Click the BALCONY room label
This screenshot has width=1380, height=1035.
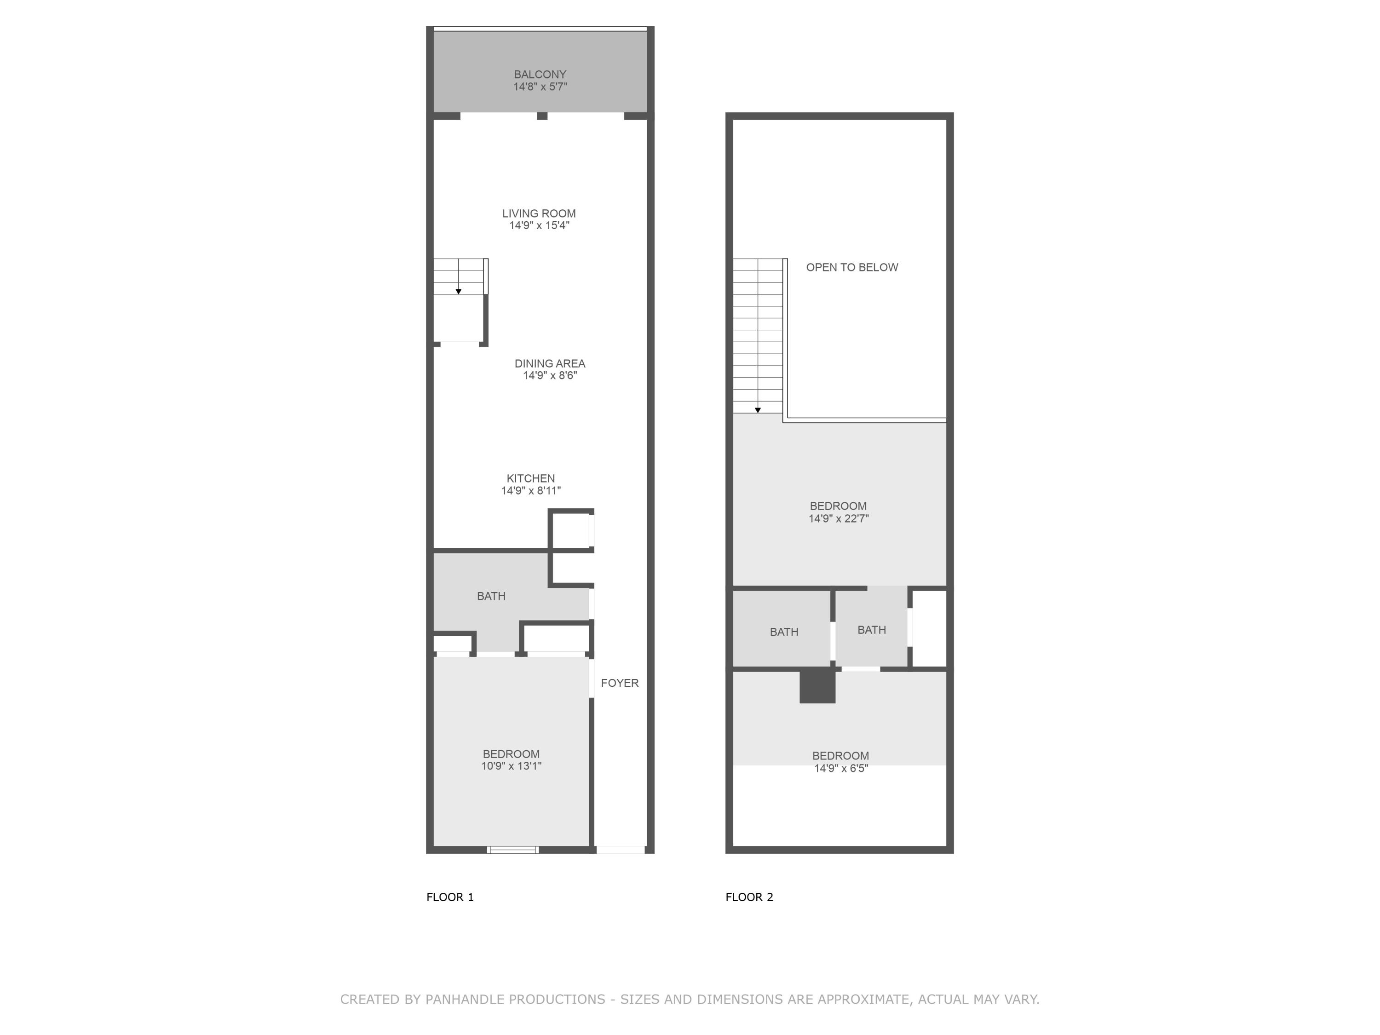pyautogui.click(x=540, y=74)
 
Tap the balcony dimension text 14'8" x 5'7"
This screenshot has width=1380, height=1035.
pyautogui.click(x=540, y=87)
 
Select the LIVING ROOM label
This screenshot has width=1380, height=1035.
pyautogui.click(x=538, y=213)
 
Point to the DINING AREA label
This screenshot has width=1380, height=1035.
pyautogui.click(x=550, y=363)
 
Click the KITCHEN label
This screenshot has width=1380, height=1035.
pyautogui.click(x=530, y=478)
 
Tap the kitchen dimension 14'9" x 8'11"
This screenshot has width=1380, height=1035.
pyautogui.click(x=530, y=491)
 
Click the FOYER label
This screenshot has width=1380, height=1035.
pyautogui.click(x=620, y=683)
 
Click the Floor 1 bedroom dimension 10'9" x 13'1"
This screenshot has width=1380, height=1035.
pyautogui.click(x=511, y=766)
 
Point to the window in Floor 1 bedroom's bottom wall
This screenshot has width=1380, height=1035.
pyautogui.click(x=513, y=850)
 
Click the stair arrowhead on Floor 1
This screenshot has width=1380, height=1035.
pyautogui.click(x=459, y=291)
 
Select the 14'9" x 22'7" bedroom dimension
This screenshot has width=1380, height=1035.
pyautogui.click(x=839, y=518)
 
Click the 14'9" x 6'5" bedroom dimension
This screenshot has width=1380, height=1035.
pyautogui.click(x=840, y=769)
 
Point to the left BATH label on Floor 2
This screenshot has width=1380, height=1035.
pyautogui.click(x=783, y=632)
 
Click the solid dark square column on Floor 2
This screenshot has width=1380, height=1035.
pyautogui.click(x=817, y=686)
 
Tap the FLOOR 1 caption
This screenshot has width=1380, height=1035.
pyautogui.click(x=450, y=897)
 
